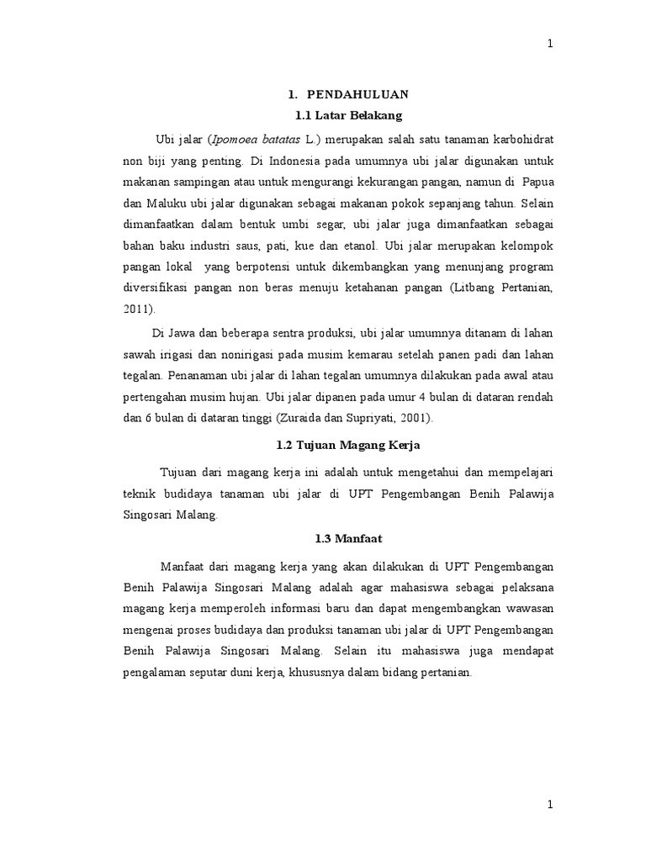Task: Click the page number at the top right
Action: click(550, 45)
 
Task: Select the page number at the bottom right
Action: click(550, 805)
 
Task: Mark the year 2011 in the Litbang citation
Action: click(136, 309)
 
